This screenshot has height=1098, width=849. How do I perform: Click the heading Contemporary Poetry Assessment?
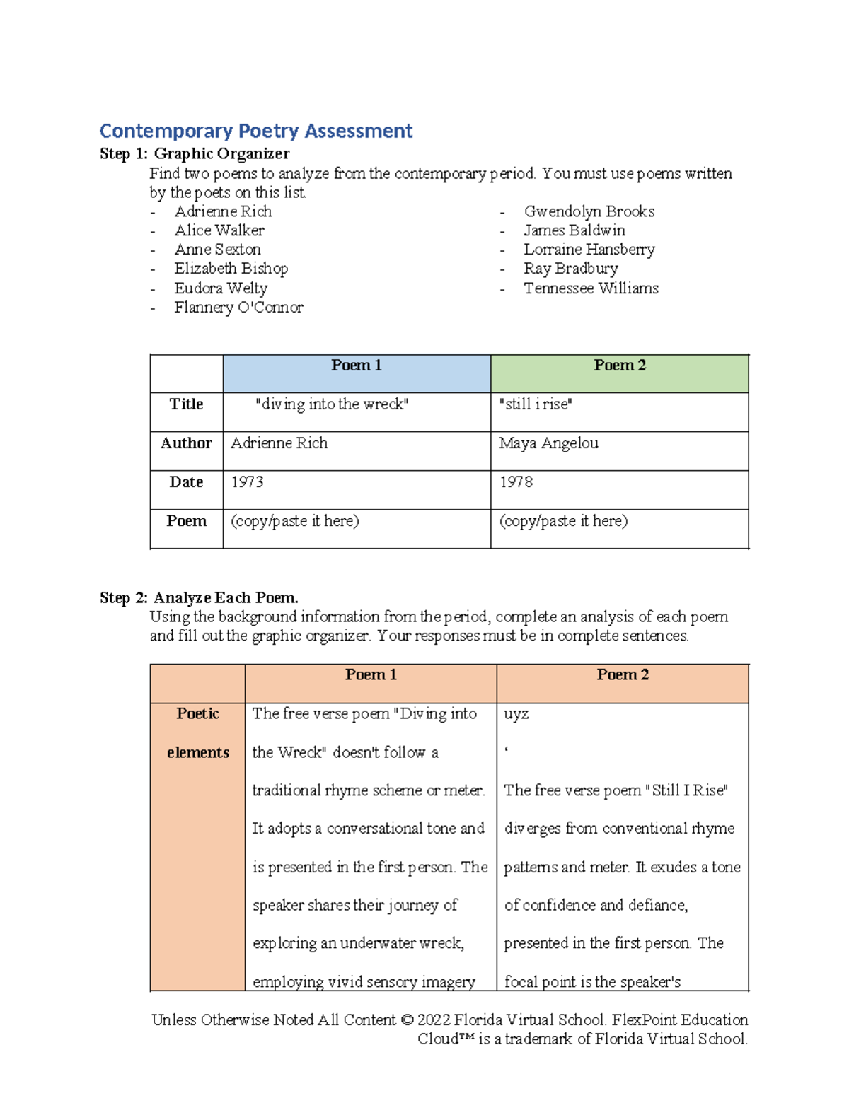point(255,131)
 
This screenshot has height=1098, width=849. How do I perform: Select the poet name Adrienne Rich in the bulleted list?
point(223,211)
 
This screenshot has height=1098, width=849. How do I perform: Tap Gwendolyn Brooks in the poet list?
point(589,211)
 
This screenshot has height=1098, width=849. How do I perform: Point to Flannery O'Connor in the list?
point(238,308)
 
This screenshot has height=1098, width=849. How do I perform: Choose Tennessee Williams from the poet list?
point(591,288)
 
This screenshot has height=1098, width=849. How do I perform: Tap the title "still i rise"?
point(536,404)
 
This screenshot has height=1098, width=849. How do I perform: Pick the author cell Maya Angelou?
point(548,443)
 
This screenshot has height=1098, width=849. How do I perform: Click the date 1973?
point(247,482)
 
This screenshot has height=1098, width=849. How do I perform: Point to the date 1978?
point(516,482)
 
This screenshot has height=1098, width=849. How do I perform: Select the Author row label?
point(186,443)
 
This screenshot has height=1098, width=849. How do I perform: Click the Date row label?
point(186,482)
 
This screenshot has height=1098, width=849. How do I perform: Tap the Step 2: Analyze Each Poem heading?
point(199,598)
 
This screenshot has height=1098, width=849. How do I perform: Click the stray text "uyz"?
point(516,715)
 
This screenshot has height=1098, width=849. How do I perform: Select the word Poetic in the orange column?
point(197,713)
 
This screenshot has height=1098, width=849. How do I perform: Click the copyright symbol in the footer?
point(406,1020)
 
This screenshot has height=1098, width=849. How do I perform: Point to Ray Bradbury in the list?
point(570,269)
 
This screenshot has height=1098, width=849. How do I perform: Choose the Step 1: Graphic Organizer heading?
point(195,154)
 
